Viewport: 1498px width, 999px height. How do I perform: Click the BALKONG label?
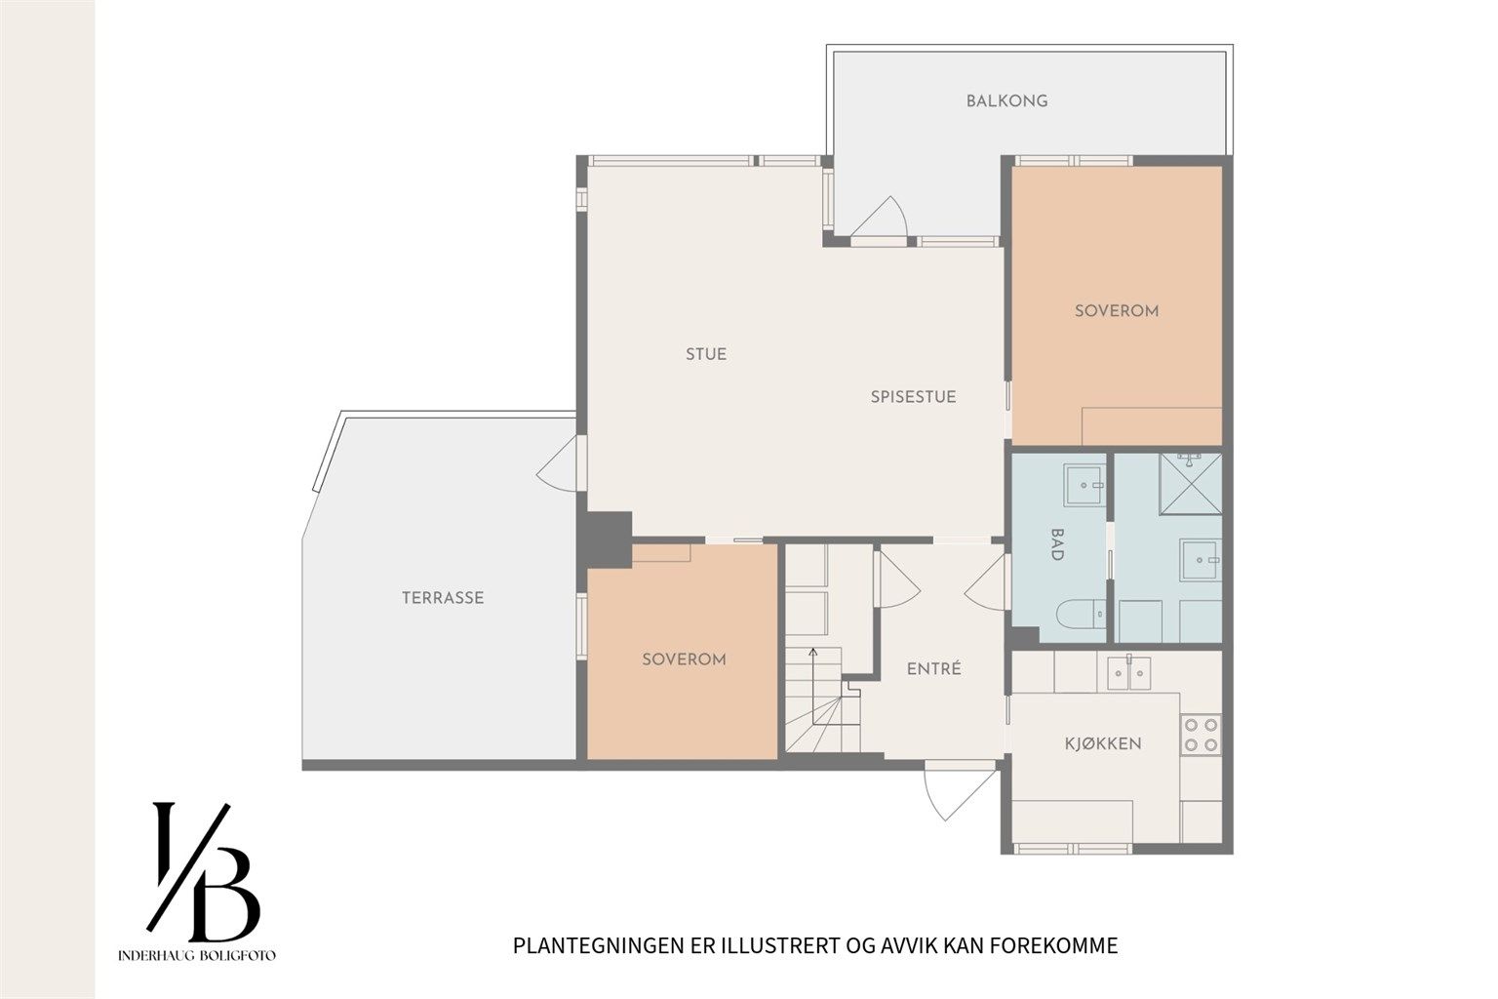coord(1006,101)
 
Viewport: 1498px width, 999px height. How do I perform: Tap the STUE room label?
coord(706,354)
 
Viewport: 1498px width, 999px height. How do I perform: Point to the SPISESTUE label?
coord(913,397)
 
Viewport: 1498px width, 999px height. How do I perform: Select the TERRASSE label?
coord(443,597)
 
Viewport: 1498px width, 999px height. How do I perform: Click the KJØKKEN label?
coord(1103,743)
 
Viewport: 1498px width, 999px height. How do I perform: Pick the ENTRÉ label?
coord(933,668)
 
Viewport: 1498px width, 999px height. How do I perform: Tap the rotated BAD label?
coord(1057,544)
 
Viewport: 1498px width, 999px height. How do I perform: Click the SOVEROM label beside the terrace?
coord(684,659)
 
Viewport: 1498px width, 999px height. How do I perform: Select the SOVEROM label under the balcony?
coord(1116,310)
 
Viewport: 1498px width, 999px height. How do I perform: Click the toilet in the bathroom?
coord(1081,614)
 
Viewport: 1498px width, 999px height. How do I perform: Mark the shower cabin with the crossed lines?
coord(1191,484)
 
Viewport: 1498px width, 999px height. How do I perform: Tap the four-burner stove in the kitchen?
coord(1202,735)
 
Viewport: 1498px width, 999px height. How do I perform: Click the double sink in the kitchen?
coord(1128,672)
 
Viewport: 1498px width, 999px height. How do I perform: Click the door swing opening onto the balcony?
coord(879,217)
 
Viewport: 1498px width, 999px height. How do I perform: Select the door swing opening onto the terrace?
coord(557,463)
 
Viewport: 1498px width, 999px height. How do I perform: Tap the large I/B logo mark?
coord(203,871)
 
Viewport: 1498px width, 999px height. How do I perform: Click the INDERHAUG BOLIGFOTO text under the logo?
coord(197,955)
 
